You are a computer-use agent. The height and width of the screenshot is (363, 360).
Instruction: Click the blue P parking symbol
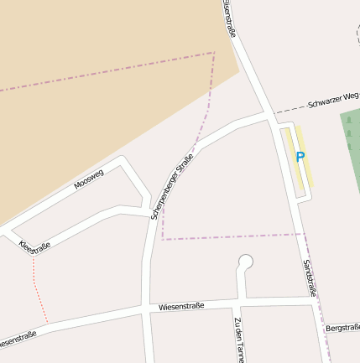[300, 157]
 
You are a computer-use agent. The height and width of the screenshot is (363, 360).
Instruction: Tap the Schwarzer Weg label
[332, 99]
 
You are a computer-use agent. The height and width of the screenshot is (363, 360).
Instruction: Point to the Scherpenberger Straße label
[172, 186]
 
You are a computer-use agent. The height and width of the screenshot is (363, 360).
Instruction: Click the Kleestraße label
[34, 245]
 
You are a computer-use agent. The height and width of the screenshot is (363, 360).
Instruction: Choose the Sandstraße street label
[309, 277]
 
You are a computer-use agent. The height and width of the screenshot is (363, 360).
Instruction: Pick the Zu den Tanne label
[239, 340]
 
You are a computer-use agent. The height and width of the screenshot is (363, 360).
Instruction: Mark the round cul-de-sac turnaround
[245, 262]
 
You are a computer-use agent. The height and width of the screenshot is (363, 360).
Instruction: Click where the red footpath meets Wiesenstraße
[48, 323]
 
